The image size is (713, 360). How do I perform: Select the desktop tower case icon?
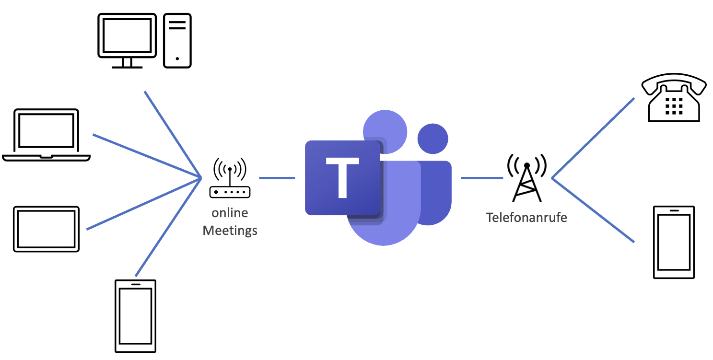(x=177, y=40)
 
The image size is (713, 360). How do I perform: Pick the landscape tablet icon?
(x=46, y=229)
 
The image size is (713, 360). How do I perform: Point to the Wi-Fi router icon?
(x=230, y=179)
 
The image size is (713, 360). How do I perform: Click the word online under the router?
(x=230, y=213)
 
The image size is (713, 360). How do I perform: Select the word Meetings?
(x=230, y=231)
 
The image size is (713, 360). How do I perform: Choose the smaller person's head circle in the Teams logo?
(x=432, y=139)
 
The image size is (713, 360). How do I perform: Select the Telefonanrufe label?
(x=526, y=218)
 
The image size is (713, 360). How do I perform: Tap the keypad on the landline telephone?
(x=674, y=105)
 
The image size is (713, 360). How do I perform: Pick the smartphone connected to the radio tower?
(x=674, y=242)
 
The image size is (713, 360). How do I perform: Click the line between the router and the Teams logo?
(x=277, y=178)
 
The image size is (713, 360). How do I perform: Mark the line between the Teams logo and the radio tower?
(x=481, y=178)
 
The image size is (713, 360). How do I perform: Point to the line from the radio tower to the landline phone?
(x=593, y=138)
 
